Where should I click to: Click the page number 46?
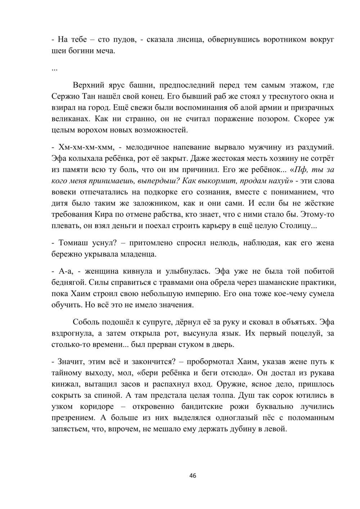pyautogui.click(x=193, y=476)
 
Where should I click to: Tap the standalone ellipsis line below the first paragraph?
pyautogui.click(x=54, y=68)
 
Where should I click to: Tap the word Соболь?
pyautogui.click(x=86, y=322)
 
